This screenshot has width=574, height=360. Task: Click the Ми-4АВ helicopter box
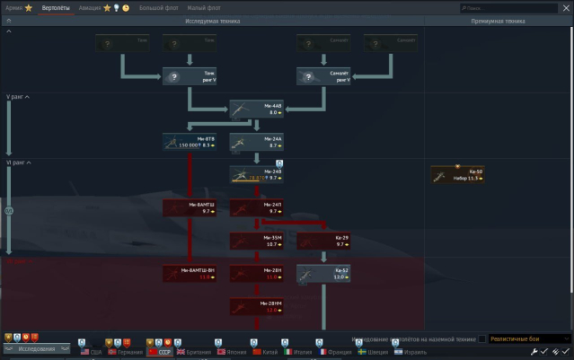click(x=256, y=110)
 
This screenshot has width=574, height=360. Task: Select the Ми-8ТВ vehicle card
click(x=189, y=142)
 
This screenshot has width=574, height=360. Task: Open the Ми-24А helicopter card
click(x=256, y=142)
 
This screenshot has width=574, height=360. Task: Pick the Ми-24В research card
click(x=256, y=175)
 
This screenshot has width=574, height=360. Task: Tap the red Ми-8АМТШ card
click(x=189, y=207)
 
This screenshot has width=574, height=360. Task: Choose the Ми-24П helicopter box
click(x=256, y=207)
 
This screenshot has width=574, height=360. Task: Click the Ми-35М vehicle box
click(x=256, y=241)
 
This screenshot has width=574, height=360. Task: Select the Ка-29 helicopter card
click(x=323, y=241)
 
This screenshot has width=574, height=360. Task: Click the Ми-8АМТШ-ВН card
click(x=189, y=274)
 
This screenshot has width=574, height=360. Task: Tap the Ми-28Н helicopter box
click(x=256, y=274)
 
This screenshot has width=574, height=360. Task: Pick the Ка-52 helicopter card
click(x=323, y=274)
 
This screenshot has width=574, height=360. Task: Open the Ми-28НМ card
click(x=256, y=307)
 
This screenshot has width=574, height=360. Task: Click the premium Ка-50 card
click(x=457, y=175)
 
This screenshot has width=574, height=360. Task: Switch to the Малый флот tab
click(x=204, y=7)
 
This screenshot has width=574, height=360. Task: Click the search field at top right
click(x=515, y=7)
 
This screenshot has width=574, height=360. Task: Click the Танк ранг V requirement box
click(x=189, y=76)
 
